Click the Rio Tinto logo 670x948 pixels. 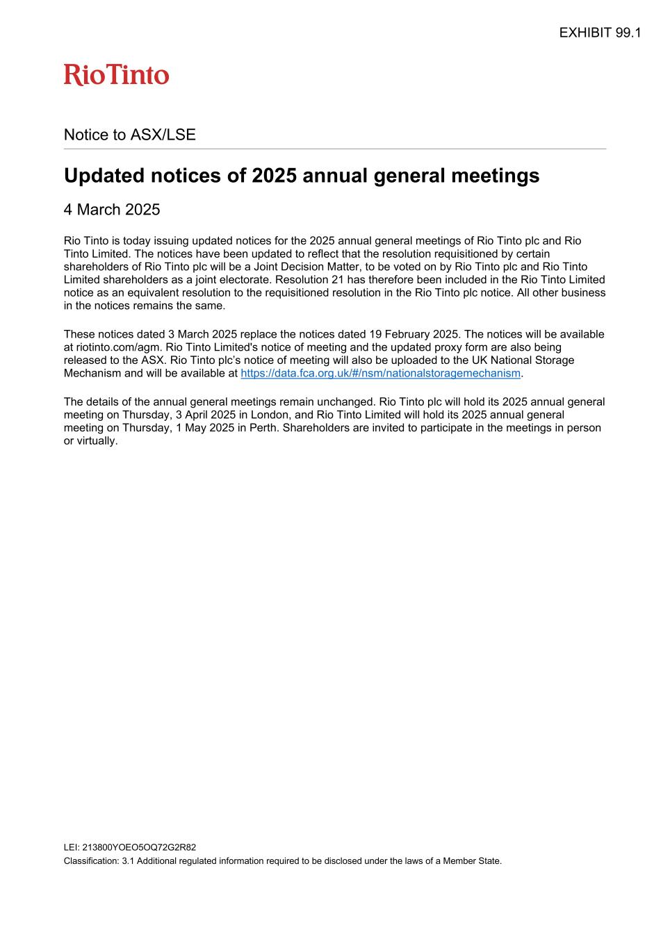pos(116,75)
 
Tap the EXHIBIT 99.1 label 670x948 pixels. pos(600,33)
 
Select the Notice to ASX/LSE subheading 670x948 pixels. pos(130,135)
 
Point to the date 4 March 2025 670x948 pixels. pos(112,210)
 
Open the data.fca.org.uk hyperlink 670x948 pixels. pos(380,374)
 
